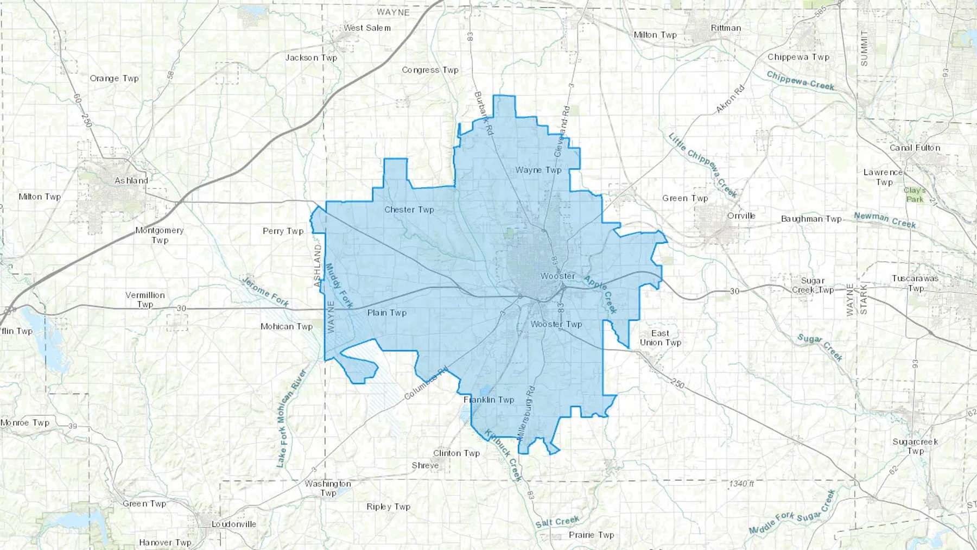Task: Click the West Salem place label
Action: coord(367,28)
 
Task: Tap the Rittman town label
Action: coord(726,28)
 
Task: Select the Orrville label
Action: coord(741,216)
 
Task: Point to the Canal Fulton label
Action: coord(915,148)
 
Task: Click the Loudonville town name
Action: coord(233,524)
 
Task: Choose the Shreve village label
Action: coord(425,465)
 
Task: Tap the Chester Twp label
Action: coord(409,210)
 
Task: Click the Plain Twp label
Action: coord(387,313)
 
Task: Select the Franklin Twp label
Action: coord(488,400)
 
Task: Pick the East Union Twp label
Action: coord(660,338)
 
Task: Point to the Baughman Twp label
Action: coord(811,219)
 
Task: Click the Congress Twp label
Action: coord(430,70)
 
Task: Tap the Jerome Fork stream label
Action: coord(265,292)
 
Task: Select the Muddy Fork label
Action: coord(339,286)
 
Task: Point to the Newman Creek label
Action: coord(885,220)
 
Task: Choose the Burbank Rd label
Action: coord(484,113)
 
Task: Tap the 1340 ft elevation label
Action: coord(741,483)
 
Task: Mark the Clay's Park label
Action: coord(915,194)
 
